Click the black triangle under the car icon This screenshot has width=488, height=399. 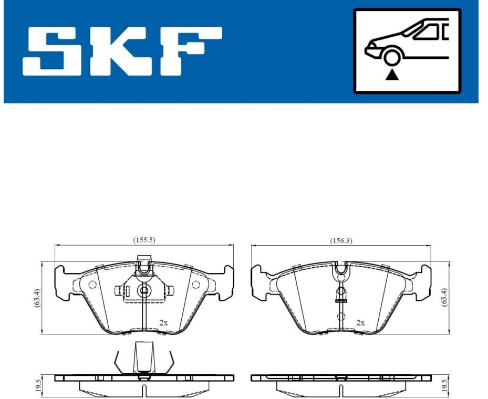click(x=392, y=75)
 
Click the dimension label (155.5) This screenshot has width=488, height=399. click(x=144, y=240)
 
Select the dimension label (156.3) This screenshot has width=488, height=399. click(x=341, y=240)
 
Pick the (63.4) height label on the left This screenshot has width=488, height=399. click(x=37, y=298)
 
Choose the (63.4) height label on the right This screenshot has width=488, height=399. click(x=444, y=298)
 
